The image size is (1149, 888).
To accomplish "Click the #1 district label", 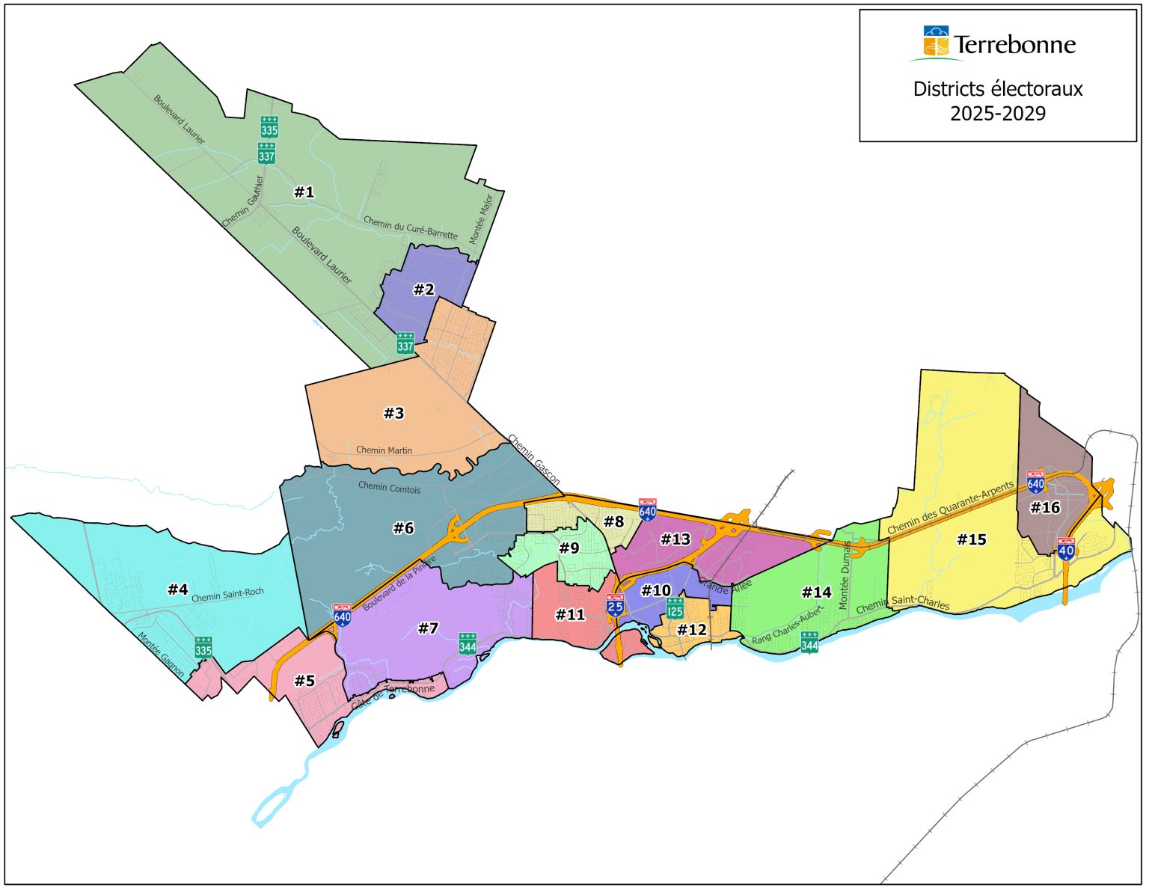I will click(x=304, y=192).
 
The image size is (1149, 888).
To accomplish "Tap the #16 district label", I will click(x=1045, y=508).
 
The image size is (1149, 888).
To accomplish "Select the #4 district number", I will click(x=178, y=590).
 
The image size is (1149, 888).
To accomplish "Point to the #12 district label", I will click(x=692, y=630).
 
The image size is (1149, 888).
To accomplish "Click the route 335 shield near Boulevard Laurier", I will click(x=269, y=126).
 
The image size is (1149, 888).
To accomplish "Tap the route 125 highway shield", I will click(x=675, y=607).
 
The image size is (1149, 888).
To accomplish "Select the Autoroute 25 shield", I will click(x=615, y=605).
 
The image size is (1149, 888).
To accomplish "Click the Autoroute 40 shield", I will click(x=1066, y=550).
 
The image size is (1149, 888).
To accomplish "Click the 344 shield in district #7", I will click(x=468, y=643).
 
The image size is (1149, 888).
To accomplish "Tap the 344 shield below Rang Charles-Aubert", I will click(x=809, y=642).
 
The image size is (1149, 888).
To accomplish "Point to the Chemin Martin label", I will click(x=384, y=450).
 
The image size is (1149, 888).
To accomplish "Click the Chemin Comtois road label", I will click(x=389, y=487).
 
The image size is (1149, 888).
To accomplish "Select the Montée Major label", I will click(x=480, y=219).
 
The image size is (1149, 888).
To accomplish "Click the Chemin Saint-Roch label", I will click(x=227, y=595).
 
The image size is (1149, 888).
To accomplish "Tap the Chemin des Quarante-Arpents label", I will click(x=950, y=508).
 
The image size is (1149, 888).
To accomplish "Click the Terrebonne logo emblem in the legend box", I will click(x=936, y=42).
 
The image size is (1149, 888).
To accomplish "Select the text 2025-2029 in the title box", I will click(x=998, y=114).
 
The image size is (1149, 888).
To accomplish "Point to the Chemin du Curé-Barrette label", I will click(x=410, y=227).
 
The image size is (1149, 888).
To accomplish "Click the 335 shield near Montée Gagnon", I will click(x=203, y=647).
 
